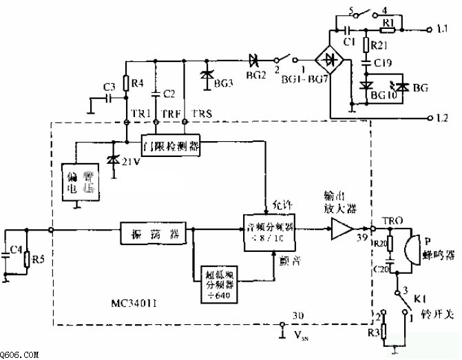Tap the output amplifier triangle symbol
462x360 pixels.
tap(342, 229)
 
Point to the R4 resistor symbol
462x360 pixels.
tap(127, 85)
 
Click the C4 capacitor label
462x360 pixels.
tap(9, 250)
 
